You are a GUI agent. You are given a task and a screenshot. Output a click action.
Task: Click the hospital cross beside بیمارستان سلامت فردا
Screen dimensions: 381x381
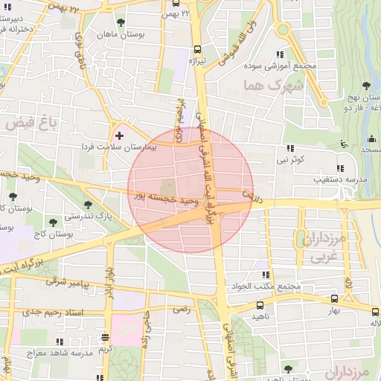(x=119, y=135)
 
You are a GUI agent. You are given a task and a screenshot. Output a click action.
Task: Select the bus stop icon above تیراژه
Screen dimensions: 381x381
(x=197, y=48)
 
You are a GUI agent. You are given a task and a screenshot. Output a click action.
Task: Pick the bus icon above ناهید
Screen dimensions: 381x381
(x=260, y=305)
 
